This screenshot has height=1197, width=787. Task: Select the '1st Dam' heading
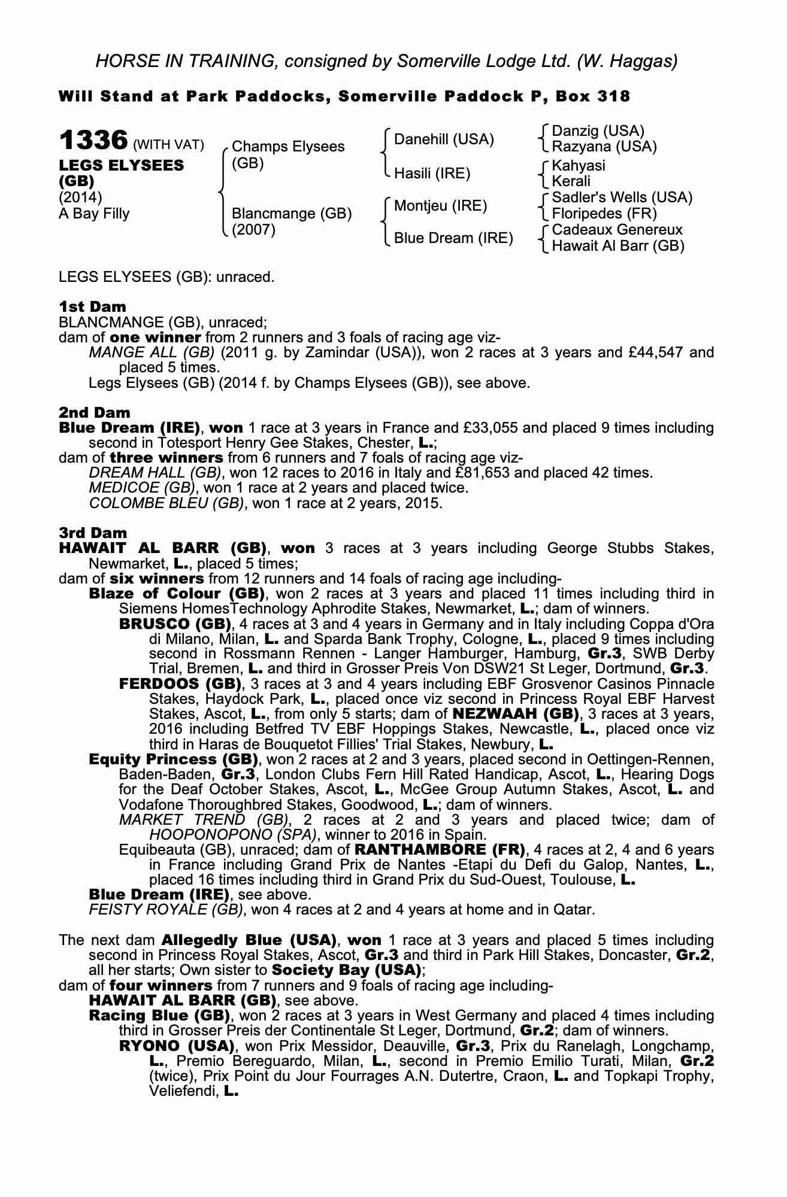[x=92, y=306]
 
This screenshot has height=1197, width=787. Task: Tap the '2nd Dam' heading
[x=94, y=412]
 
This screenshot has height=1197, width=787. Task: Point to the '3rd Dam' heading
[x=93, y=533]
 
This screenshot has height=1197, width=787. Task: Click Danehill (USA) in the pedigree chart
[x=444, y=140]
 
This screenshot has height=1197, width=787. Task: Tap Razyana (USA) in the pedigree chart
[x=604, y=147]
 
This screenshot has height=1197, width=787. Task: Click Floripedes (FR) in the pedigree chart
[x=604, y=214]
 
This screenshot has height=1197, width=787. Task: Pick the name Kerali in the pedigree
[x=571, y=181]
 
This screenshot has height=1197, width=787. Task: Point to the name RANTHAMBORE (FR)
[x=440, y=850]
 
